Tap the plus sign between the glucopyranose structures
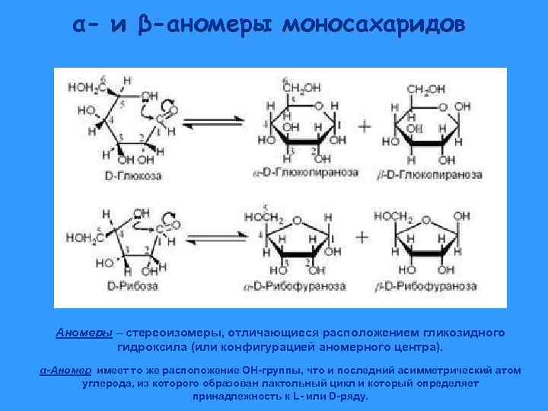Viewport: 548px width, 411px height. pos(364,126)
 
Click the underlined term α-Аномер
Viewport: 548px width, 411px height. pos(66,370)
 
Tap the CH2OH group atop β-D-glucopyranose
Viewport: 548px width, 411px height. pos(426,89)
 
